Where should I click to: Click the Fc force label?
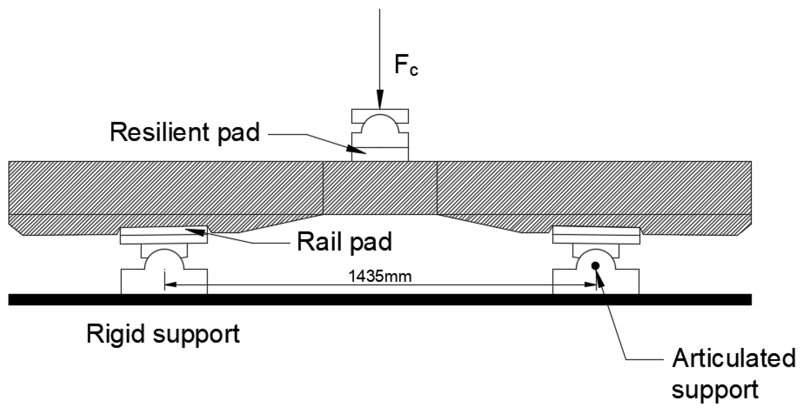pos(406,66)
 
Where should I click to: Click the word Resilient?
pos(159,132)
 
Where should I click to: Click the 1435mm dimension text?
pos(380,277)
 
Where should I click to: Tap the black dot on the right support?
pos(595,266)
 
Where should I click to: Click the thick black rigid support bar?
pos(380,299)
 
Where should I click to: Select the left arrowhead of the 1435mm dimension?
pos(170,285)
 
